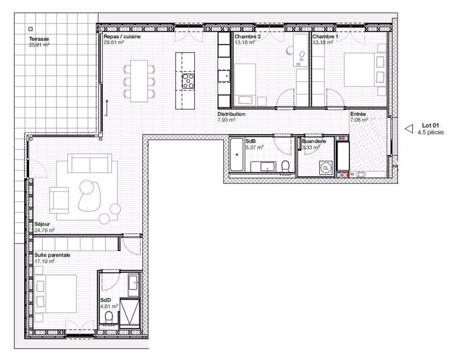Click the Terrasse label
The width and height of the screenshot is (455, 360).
pos(39,39)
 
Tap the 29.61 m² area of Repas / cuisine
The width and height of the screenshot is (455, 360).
pos(114,42)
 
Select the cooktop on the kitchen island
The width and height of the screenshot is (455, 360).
pos(188,81)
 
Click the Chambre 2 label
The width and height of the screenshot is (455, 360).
pos(248,36)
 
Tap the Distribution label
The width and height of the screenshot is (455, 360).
pos(231,114)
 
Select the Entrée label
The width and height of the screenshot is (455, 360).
pos(358,114)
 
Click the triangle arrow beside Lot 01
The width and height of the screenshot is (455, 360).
pos(409,129)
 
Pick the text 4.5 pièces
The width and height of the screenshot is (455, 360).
pos(430,132)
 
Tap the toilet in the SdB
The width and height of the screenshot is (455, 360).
pos(286,166)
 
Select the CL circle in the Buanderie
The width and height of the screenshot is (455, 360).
pos(325,168)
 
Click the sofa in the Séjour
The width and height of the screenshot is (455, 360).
pos(90,162)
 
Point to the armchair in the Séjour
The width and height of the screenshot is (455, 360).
pos(60,201)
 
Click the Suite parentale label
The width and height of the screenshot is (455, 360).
pos(52,255)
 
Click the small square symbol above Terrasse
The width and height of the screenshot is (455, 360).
pos(30,28)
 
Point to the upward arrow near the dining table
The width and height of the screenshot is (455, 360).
pos(106,107)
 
